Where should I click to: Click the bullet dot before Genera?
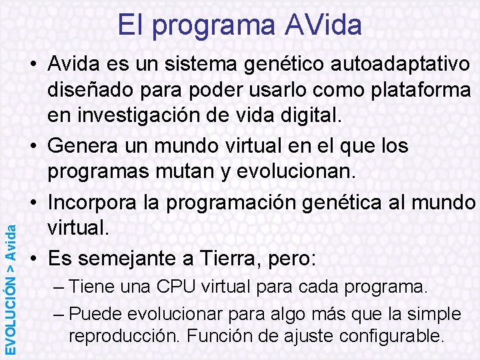34,145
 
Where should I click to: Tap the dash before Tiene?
57,287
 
